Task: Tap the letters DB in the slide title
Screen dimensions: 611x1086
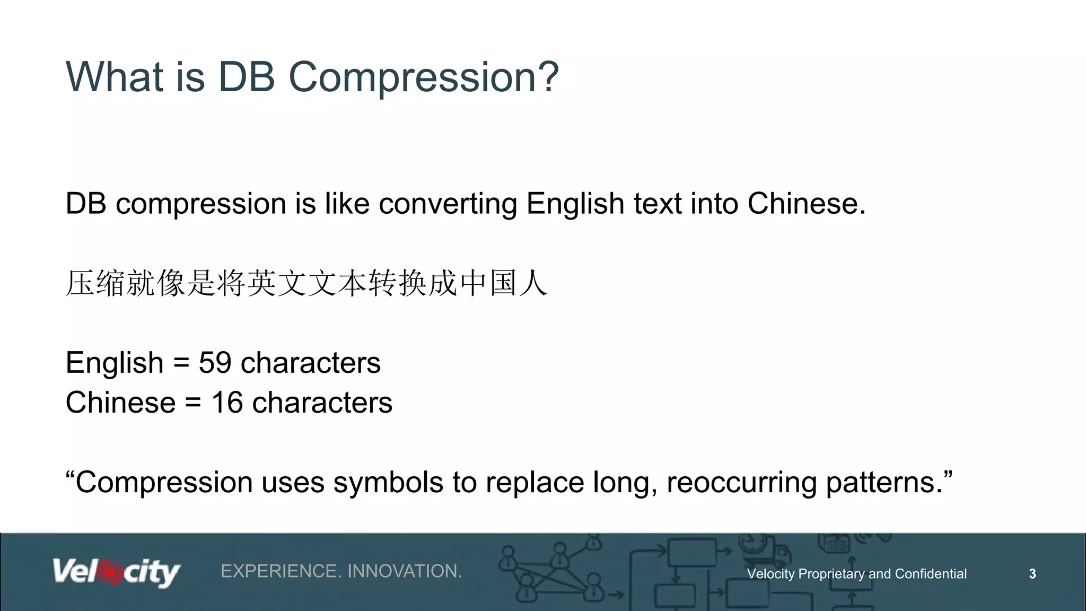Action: coord(247,77)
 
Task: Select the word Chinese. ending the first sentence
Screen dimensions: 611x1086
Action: coord(806,204)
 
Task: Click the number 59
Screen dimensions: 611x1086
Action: coord(215,363)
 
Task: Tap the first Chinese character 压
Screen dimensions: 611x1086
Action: coord(80,283)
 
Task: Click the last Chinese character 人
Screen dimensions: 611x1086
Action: coord(533,283)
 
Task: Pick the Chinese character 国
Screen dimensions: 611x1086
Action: coord(503,283)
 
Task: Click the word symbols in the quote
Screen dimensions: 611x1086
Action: coord(388,483)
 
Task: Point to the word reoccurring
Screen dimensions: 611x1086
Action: coord(741,483)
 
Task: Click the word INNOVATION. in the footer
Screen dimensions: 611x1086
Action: coord(405,571)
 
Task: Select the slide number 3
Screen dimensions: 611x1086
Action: coord(1032,574)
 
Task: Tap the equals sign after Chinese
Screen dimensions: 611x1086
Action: coord(193,403)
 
